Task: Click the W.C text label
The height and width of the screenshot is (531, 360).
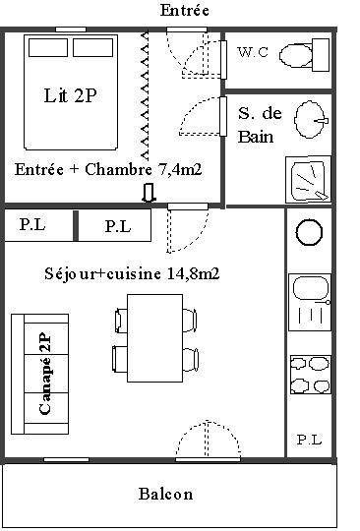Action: [x=251, y=52]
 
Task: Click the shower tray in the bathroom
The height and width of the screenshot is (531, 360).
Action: [x=310, y=177]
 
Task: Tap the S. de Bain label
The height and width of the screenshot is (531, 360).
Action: [x=260, y=124]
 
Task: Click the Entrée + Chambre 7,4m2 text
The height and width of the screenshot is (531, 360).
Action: [x=108, y=169]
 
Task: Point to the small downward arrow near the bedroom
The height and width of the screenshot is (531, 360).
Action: [x=150, y=193]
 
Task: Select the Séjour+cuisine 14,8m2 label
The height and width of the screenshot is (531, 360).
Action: [x=132, y=272]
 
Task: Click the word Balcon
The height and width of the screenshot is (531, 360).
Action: [x=165, y=494]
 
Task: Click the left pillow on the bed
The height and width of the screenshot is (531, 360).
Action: [x=49, y=48]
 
